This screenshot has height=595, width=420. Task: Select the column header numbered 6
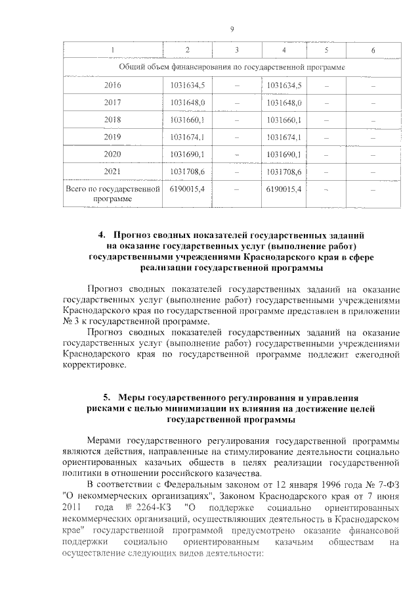pos(373,51)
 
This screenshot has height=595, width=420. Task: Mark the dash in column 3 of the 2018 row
pos(236,120)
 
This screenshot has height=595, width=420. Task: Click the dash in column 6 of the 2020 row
pos(373,155)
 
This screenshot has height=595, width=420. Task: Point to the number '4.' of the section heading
pos(102,235)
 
